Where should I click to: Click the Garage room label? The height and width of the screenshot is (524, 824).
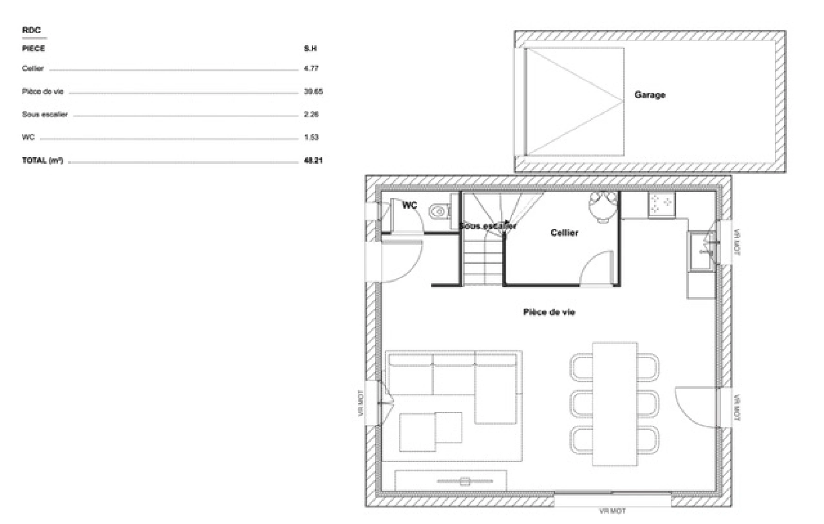click(x=649, y=95)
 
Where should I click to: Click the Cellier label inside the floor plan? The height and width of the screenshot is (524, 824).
click(x=564, y=233)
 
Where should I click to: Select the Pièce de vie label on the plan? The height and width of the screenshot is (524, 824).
click(x=548, y=312)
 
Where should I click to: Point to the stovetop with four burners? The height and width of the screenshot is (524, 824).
click(x=661, y=204)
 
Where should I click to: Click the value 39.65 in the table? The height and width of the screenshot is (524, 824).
click(x=313, y=91)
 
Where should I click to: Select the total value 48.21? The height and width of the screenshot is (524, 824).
click(x=313, y=160)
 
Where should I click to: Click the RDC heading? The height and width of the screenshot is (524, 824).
click(x=32, y=31)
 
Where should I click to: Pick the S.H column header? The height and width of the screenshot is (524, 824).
click(x=310, y=49)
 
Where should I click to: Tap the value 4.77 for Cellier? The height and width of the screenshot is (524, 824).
click(x=311, y=68)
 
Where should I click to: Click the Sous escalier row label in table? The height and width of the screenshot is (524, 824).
click(x=45, y=115)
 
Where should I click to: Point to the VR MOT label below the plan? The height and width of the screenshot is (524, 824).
click(x=612, y=511)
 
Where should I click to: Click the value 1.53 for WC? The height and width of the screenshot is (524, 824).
click(x=311, y=137)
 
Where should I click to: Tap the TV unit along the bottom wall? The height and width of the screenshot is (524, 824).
click(x=451, y=480)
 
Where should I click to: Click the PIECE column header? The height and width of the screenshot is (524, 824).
click(x=33, y=49)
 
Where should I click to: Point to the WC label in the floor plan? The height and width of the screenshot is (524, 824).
click(x=409, y=206)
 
